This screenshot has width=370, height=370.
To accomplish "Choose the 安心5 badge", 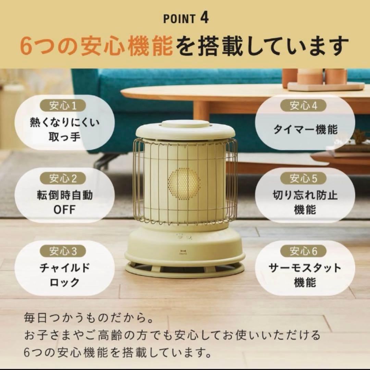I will pyautogui.click(x=304, y=178).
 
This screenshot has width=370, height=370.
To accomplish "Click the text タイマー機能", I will pyautogui.click(x=305, y=130).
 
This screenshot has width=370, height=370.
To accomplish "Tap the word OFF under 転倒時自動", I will pyautogui.click(x=64, y=210).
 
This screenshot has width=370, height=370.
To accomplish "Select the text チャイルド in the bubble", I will pyautogui.click(x=64, y=268).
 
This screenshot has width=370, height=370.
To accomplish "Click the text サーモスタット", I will pyautogui.click(x=305, y=268).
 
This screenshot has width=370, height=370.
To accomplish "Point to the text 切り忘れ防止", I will pyautogui.click(x=305, y=195).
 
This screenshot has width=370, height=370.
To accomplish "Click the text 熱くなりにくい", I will pyautogui.click(x=64, y=122).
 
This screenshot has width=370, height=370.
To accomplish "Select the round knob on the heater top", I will pyautogui.click(x=185, y=124).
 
